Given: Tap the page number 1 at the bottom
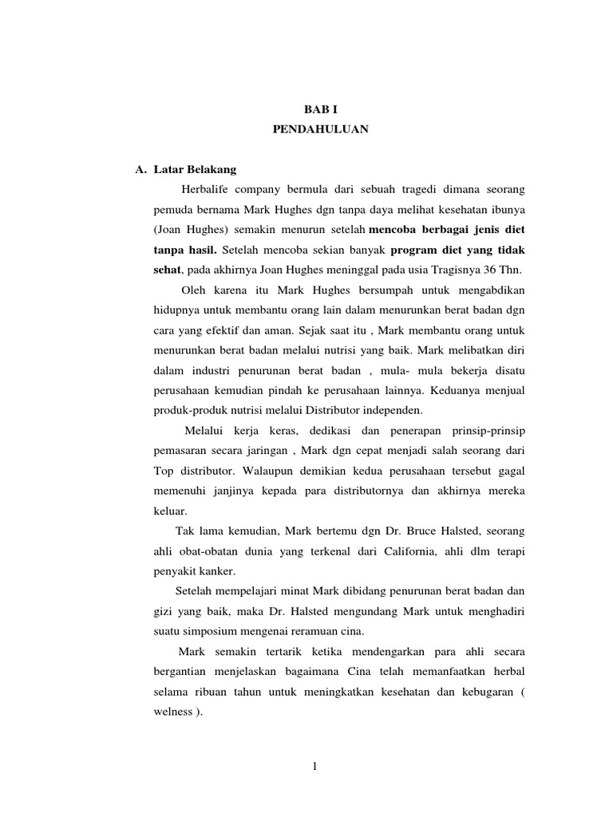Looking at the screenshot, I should (x=317, y=768).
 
